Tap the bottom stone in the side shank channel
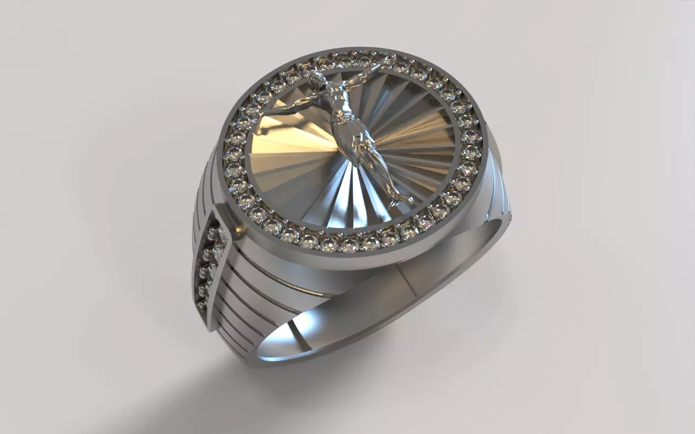[202, 302]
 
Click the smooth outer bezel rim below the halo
[352, 261]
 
